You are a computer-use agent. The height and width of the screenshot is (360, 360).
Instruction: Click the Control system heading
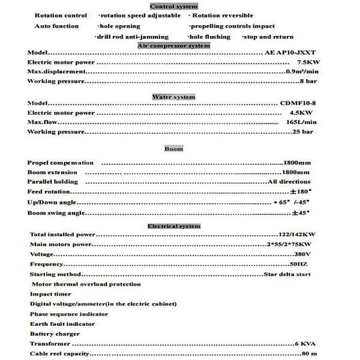[173, 6]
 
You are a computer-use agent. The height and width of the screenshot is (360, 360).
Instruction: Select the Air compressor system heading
[174, 46]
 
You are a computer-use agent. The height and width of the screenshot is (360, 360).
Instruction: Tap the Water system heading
[173, 97]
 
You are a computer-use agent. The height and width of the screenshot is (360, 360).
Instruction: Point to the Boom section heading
[173, 148]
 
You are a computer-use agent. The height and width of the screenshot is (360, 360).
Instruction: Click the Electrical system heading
[174, 226]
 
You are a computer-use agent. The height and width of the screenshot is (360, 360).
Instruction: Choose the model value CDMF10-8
[298, 103]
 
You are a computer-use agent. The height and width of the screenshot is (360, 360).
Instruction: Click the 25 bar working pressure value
[303, 131]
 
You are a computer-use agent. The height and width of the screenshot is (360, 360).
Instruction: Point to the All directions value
[289, 181]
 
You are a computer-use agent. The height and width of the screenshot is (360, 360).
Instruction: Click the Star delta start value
[287, 274]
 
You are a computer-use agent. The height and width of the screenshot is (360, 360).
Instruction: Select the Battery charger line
[55, 334]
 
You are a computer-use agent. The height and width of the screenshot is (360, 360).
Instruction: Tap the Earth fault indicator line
[62, 324]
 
